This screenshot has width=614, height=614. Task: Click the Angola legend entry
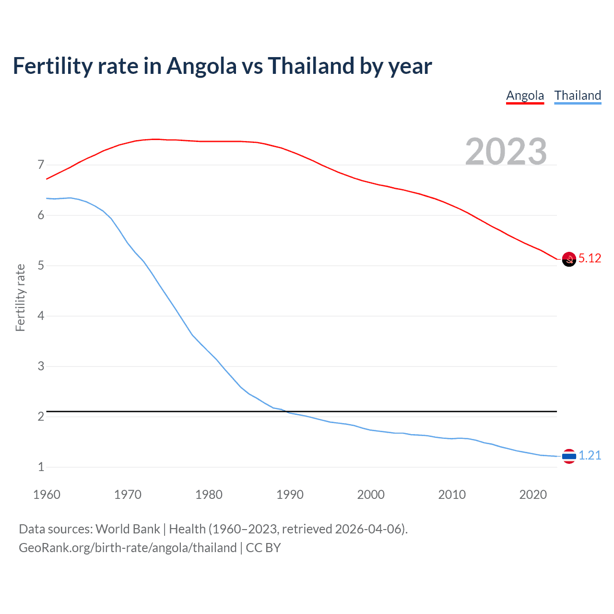coord(525,95)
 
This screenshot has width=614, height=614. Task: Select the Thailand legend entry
coord(578,95)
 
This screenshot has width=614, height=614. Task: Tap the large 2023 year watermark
coord(506,152)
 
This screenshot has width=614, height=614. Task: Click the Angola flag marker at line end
coord(569,259)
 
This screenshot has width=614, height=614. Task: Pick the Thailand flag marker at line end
coord(569,456)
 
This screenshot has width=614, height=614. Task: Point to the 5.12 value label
coord(590,259)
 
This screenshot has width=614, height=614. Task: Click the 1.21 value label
coord(590,456)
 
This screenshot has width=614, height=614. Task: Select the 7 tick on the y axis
coord(41,165)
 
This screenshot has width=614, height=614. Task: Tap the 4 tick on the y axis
coord(41,316)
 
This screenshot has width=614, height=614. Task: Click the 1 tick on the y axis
coord(41,467)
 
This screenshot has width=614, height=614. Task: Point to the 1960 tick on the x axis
coord(47,495)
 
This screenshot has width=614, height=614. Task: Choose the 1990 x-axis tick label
coord(290,495)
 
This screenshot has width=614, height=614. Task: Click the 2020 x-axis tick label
coord(533,495)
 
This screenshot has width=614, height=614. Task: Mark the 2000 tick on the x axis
coord(371,495)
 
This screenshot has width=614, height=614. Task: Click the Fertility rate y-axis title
coord(20,297)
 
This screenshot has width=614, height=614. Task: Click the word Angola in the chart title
coord(201,66)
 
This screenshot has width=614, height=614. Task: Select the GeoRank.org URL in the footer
coord(128,548)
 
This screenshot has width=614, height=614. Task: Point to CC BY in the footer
coord(263,548)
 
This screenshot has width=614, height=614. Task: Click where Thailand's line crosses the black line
coord(286,412)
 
